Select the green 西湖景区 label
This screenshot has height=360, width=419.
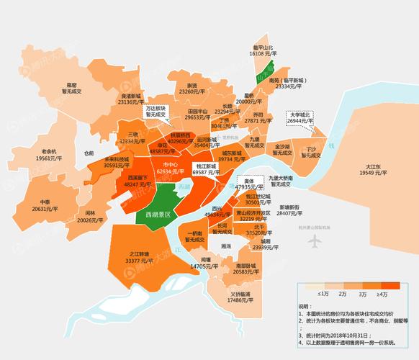click(157, 215)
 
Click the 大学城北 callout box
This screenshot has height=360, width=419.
click(300, 118)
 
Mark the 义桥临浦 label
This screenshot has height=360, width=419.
click(240, 297)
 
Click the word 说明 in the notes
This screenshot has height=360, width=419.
click(305, 306)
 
